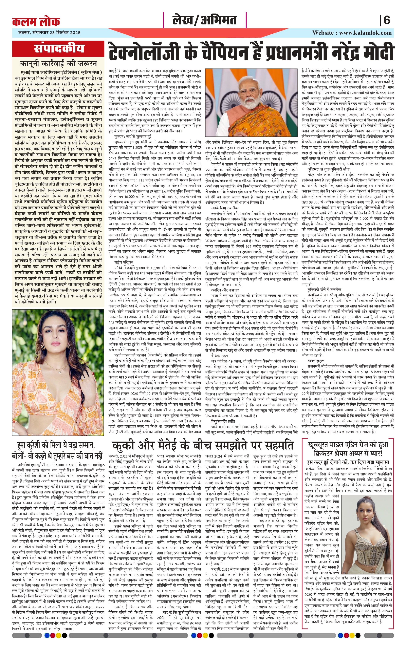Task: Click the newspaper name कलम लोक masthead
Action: tap(36, 21)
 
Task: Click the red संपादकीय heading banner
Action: tap(59, 48)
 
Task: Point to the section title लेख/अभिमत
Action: tap(205, 20)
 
